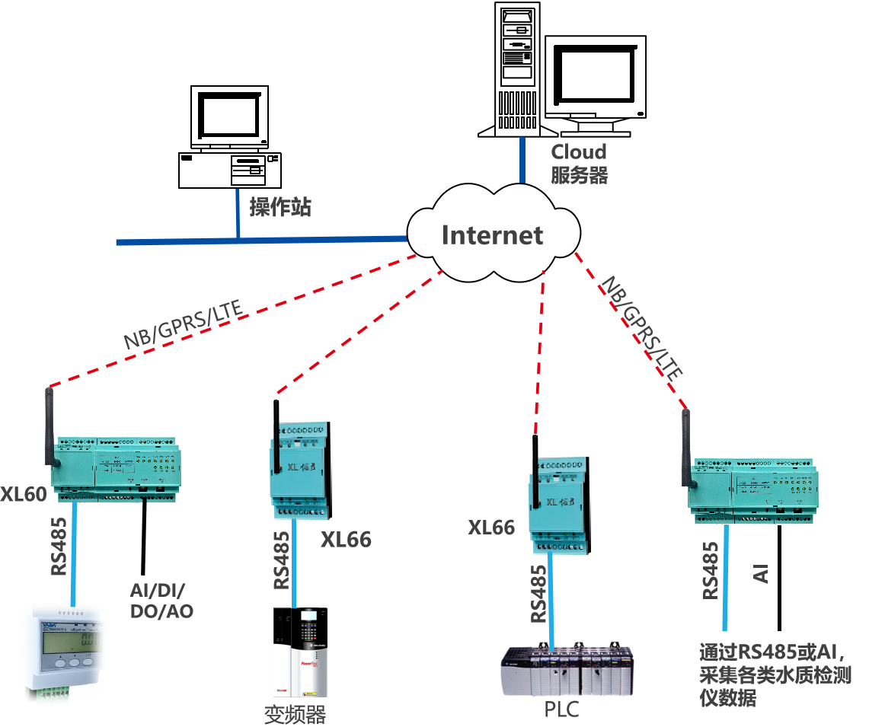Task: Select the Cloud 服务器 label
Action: point(580,164)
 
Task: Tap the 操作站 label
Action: point(280,207)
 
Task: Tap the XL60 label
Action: point(24,494)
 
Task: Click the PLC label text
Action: point(562,710)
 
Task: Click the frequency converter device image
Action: point(301,652)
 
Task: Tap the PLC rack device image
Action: point(567,669)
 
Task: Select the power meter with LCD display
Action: point(63,652)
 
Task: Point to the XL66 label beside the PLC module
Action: point(491,528)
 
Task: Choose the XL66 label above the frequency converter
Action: point(346,540)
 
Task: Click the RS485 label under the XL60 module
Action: point(59,547)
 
